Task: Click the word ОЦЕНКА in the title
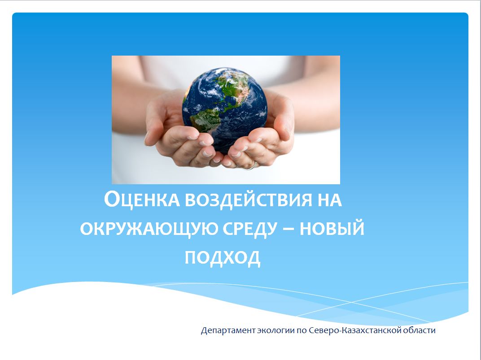142,200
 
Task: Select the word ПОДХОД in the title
223,257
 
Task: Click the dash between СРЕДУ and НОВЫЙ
289,229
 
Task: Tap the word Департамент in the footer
228,330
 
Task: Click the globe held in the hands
225,110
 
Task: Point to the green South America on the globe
206,120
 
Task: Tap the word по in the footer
302,331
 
